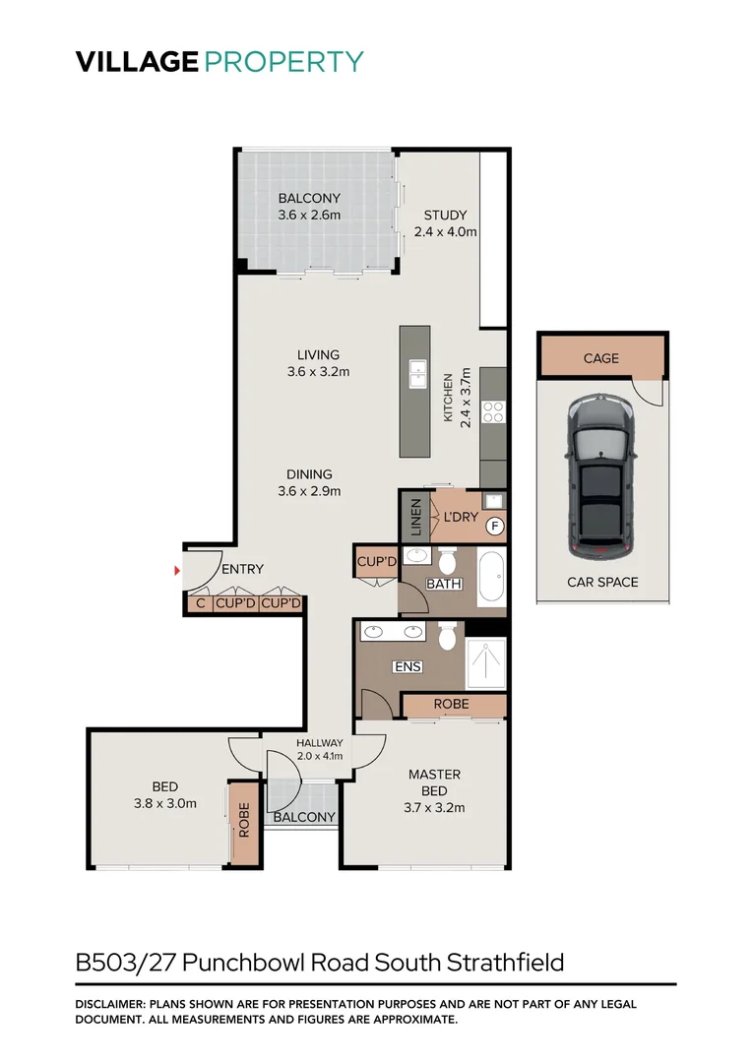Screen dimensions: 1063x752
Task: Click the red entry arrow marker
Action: point(177,570)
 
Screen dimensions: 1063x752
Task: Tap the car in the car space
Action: point(598,475)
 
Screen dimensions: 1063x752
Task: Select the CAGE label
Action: point(600,358)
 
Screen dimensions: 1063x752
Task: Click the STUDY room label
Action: point(445,216)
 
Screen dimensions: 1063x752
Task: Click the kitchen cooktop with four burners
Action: point(492,413)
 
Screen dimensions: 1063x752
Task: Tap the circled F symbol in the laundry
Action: point(494,527)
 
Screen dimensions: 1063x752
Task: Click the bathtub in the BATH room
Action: point(491,580)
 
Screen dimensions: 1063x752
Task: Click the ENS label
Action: point(407,666)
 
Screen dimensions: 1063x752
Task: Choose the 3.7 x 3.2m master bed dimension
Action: point(434,808)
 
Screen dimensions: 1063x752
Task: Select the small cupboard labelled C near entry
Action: point(201,603)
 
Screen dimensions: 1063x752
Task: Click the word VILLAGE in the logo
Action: point(137,61)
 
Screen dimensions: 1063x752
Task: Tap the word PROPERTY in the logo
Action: point(284,61)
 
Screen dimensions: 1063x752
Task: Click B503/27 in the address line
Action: point(127,962)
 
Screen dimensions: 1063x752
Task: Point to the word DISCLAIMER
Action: point(110,1004)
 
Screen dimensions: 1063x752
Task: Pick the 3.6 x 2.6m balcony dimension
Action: point(309,216)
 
